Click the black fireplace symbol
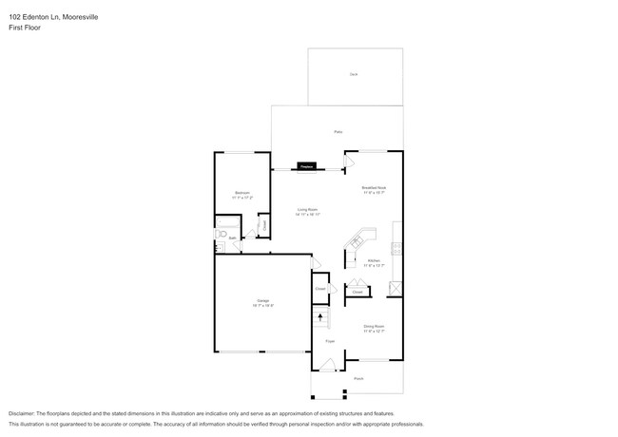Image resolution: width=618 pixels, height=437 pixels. point(306,165)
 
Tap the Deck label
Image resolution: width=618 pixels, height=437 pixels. point(353,73)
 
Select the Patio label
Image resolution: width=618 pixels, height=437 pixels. point(337,132)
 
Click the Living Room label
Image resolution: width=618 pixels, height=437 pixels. point(306,211)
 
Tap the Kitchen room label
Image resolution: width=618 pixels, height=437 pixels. point(374,261)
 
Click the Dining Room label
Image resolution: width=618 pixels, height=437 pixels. point(374,327)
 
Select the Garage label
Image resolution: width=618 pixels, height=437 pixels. point(262,303)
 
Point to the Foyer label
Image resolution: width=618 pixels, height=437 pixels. point(330,340)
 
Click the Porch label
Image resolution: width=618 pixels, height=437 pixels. point(358,378)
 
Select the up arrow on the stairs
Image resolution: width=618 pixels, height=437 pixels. point(320,317)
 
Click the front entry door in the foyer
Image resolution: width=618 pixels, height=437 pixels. point(325,366)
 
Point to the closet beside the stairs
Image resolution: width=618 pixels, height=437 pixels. point(320,287)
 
